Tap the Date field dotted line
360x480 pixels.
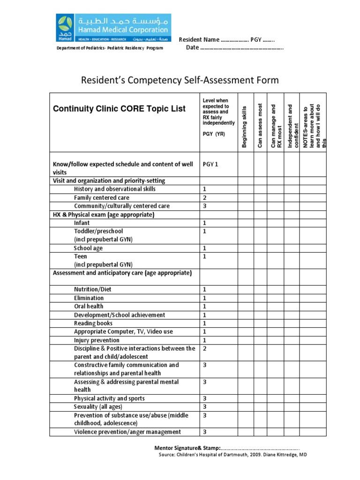(242, 48)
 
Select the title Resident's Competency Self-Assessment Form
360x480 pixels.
(180, 80)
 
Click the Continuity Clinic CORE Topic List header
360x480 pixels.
(119, 109)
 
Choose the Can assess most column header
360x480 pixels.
(261, 126)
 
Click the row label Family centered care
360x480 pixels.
(101, 198)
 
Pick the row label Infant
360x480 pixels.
(82, 223)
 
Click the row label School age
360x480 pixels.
(88, 248)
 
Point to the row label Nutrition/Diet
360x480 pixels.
(93, 289)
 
